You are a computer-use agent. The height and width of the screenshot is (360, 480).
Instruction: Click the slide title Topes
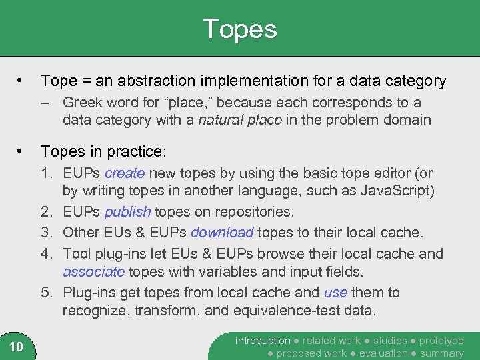(x=239, y=29)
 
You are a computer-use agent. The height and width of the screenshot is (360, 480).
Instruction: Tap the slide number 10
(x=17, y=346)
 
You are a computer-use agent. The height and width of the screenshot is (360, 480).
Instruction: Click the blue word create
(x=125, y=173)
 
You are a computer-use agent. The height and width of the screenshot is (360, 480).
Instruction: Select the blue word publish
(x=127, y=212)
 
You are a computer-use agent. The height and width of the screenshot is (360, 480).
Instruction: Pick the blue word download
(x=222, y=233)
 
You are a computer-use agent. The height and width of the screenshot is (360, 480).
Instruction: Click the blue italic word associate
(x=93, y=272)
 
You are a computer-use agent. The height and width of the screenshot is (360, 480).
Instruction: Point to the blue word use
(x=335, y=292)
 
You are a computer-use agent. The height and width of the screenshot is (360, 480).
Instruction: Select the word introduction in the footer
(x=263, y=341)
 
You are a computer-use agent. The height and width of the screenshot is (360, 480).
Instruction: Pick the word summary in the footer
(x=441, y=353)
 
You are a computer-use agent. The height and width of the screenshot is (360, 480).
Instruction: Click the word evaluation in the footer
(x=383, y=353)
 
